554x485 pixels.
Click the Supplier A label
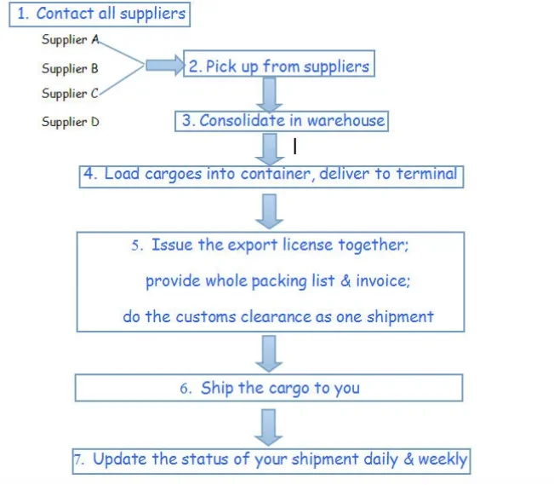71,40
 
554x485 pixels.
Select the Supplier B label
70,68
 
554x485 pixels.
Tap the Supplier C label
70,94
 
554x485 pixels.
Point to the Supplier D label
71,122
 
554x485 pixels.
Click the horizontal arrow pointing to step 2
164,66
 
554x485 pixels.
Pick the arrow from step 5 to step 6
270,351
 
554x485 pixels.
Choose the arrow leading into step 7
270,425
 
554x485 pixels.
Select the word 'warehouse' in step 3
346,120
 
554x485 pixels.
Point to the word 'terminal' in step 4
425,174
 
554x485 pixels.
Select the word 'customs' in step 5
205,317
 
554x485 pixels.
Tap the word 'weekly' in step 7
442,459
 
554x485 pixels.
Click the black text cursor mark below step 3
294,147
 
